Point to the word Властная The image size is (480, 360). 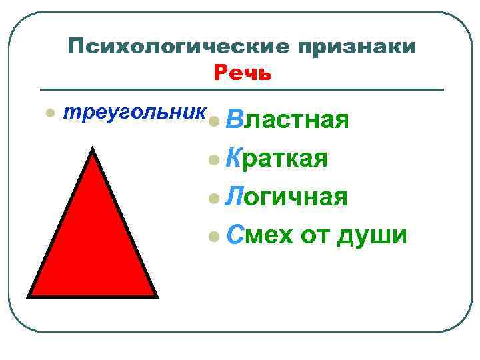[287, 121]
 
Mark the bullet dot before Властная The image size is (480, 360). [213, 122]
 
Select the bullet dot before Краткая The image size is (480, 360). [213, 160]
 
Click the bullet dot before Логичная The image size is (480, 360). [213, 198]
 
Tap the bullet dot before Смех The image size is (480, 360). [213, 235]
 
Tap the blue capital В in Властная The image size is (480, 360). [233, 121]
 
